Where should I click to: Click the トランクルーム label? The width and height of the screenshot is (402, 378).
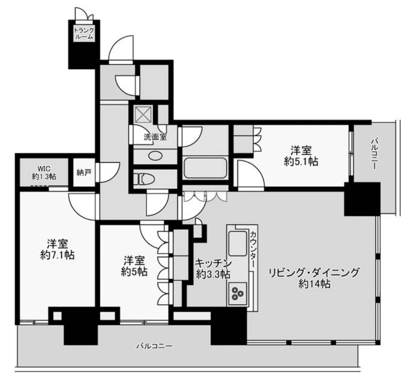(84, 33)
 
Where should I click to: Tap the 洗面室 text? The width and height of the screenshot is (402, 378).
(155, 137)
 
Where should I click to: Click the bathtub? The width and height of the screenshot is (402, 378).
(205, 168)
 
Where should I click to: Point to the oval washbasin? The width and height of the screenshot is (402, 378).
(155, 156)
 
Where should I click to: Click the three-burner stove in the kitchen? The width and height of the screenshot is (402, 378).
(237, 293)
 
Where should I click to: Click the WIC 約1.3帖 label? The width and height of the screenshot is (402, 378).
(44, 173)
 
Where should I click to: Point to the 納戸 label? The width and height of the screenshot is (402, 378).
(84, 172)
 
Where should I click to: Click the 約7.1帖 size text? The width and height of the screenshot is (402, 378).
(58, 255)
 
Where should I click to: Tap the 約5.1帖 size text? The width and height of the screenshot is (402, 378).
(301, 161)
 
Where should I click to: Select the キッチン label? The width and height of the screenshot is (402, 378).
(213, 263)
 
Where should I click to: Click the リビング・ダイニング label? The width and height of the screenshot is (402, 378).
(314, 273)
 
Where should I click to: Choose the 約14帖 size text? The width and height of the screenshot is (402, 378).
(314, 284)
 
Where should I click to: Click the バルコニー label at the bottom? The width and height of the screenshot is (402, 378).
(154, 346)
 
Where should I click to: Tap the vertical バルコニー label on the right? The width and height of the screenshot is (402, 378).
(374, 154)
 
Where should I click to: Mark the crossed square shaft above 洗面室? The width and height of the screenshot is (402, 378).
(143, 114)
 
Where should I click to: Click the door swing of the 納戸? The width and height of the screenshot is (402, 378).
(109, 172)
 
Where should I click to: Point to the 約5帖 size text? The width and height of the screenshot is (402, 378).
(134, 272)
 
